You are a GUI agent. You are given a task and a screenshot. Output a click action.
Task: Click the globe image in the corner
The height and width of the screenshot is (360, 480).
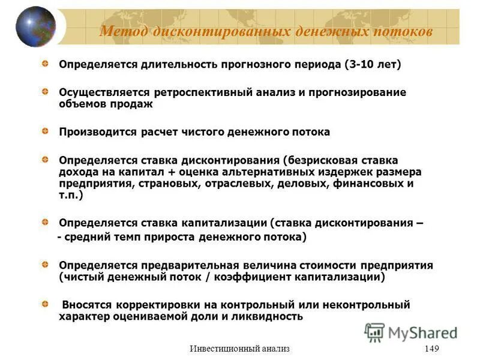[x=35, y=27]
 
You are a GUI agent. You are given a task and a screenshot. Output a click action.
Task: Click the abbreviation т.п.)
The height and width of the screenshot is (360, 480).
[x=71, y=195]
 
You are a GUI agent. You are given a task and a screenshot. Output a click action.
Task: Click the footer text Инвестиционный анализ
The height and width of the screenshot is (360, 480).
[x=239, y=349]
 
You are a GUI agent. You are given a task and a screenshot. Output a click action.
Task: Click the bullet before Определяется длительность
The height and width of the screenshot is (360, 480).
[x=46, y=63]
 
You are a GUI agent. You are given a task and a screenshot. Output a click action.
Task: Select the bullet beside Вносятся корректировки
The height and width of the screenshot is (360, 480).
[x=46, y=304]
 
